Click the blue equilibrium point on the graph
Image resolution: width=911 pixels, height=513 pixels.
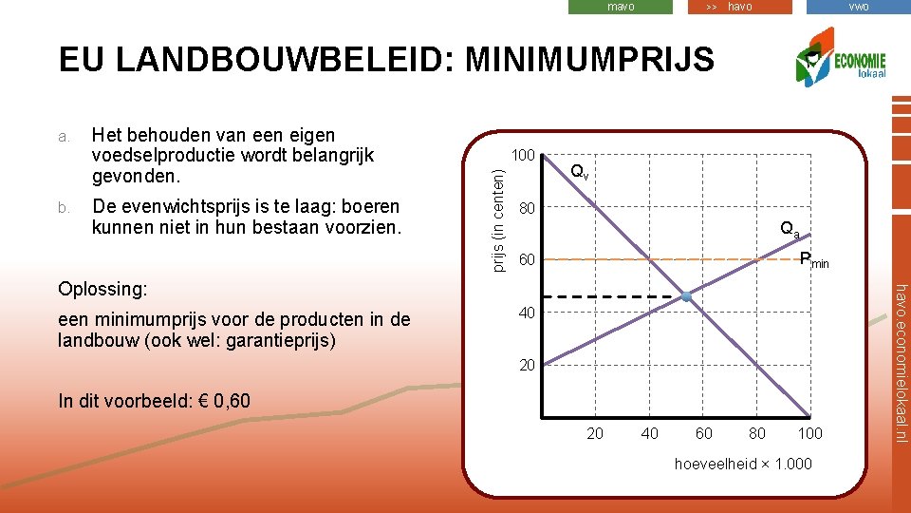tap(687, 298)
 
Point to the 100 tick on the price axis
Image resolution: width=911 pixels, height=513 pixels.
tap(524, 155)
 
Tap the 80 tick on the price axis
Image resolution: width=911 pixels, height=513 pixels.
tap(526, 208)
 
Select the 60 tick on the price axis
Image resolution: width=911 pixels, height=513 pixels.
tap(526, 260)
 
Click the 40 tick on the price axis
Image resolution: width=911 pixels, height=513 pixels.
tap(526, 313)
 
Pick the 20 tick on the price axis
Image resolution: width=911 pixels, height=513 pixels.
tap(526, 366)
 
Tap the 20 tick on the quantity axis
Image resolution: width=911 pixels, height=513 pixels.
tap(595, 434)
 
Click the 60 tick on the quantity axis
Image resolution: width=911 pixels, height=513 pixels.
tap(703, 434)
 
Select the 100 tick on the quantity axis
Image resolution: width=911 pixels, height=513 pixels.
tap(809, 434)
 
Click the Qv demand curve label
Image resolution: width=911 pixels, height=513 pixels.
tap(579, 173)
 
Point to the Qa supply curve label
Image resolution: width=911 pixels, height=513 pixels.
tap(790, 229)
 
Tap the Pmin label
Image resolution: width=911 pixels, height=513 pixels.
tap(813, 259)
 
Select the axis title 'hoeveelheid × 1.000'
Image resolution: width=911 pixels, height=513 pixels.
tap(743, 464)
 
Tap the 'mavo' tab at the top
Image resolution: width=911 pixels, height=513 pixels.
tap(621, 7)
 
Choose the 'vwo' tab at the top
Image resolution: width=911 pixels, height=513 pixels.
tap(858, 7)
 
